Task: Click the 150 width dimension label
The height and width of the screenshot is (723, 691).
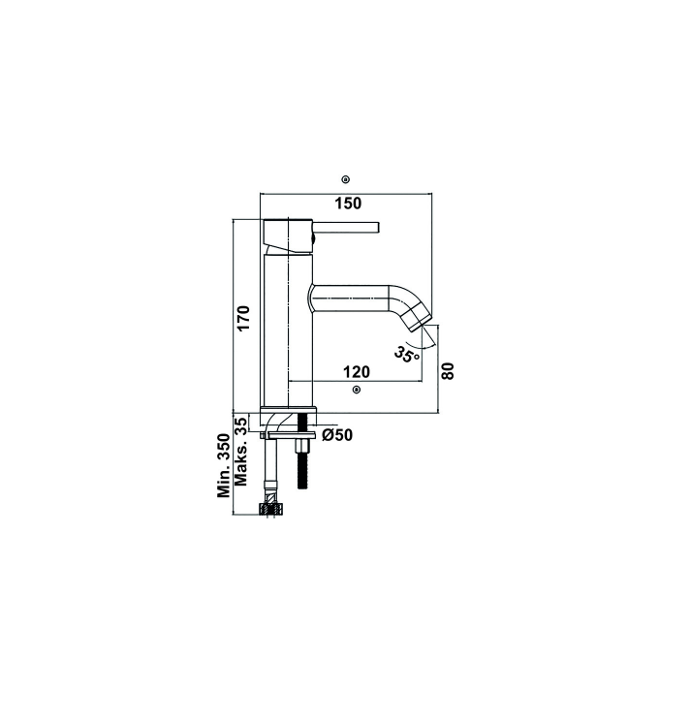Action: [348, 204]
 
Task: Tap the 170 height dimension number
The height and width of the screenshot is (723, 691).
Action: [243, 317]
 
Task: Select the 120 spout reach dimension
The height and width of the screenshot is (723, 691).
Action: [357, 371]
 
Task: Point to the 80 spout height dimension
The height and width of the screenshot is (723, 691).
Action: [448, 371]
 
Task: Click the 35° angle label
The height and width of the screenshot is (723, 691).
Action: [407, 354]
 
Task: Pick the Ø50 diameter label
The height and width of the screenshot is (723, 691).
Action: [337, 435]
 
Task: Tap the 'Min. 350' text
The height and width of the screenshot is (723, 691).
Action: [224, 465]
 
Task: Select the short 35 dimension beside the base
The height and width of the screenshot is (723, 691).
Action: [240, 424]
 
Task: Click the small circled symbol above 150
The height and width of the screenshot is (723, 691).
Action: [346, 179]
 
